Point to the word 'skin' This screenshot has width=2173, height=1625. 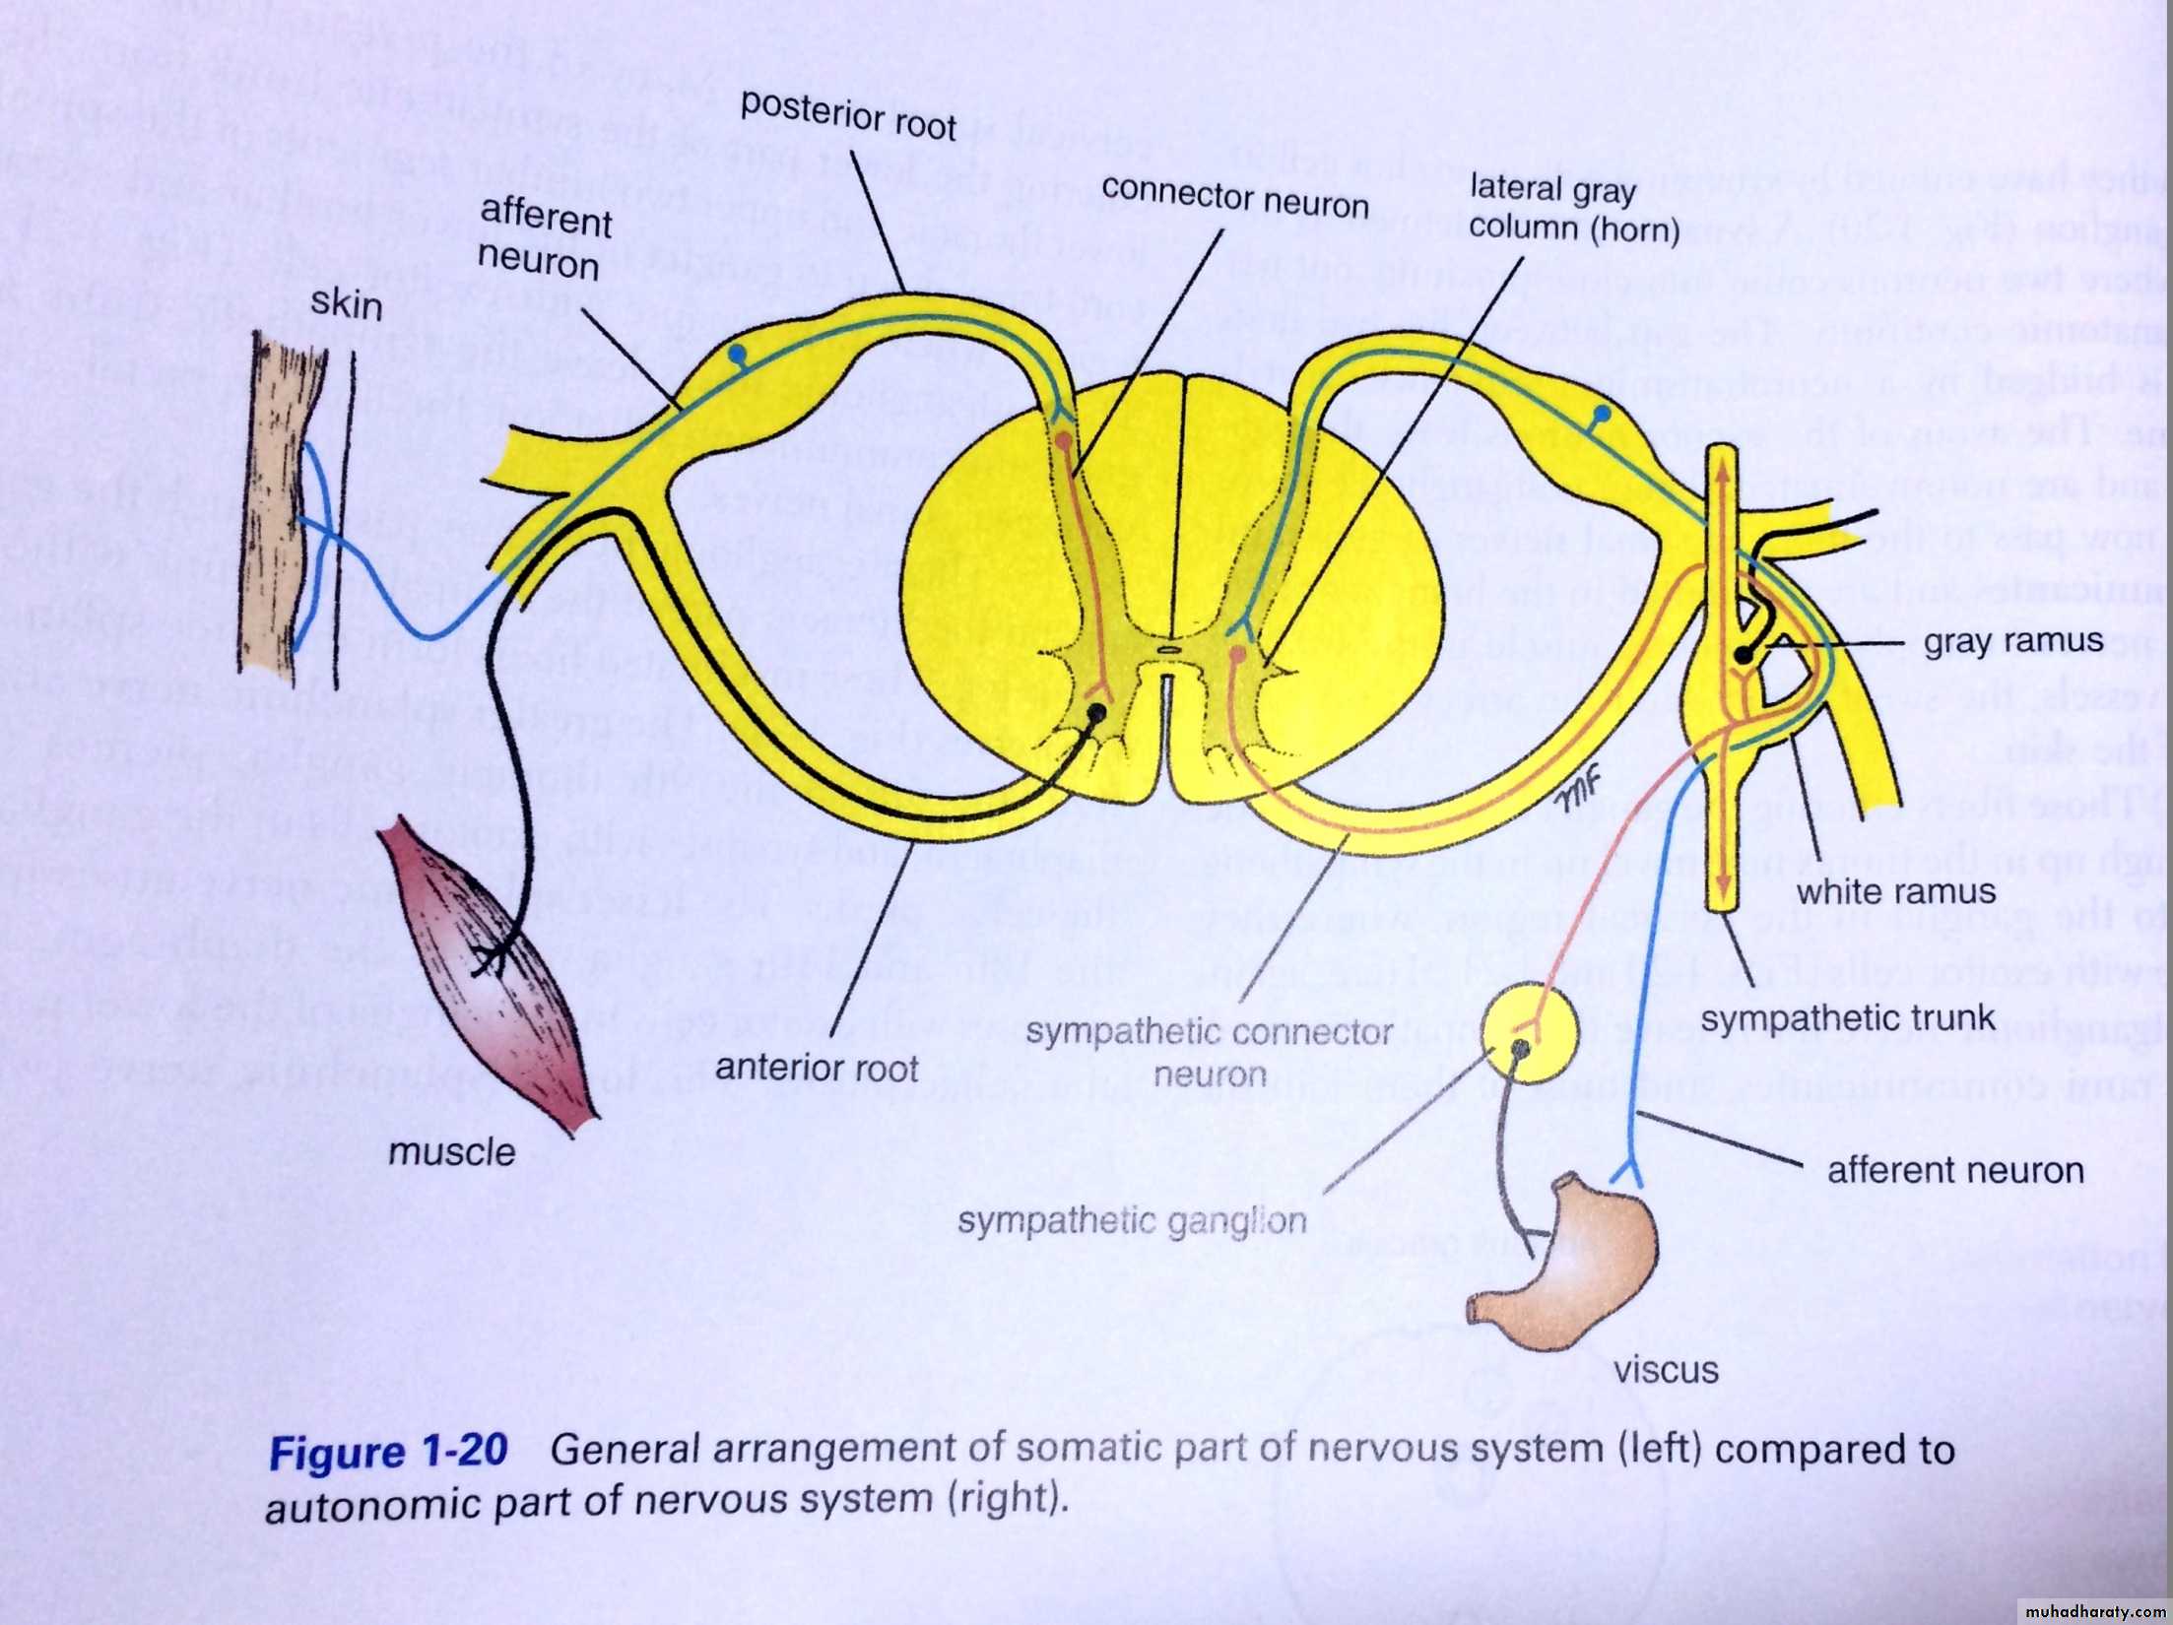click(x=346, y=302)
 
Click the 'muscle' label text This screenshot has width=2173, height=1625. click(x=451, y=1151)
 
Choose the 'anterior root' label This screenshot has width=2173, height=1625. click(x=817, y=1068)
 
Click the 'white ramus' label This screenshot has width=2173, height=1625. click(x=1896, y=891)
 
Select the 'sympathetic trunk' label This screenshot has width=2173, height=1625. click(x=1848, y=1018)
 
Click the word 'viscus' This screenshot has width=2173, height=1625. click(x=1665, y=1369)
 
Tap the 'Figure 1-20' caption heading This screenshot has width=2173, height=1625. click(x=389, y=1452)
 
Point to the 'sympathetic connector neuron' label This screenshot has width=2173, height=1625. click(x=1209, y=1052)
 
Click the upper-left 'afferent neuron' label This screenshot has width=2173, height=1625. click(x=544, y=240)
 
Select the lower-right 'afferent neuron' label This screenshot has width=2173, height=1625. click(x=1955, y=1170)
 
